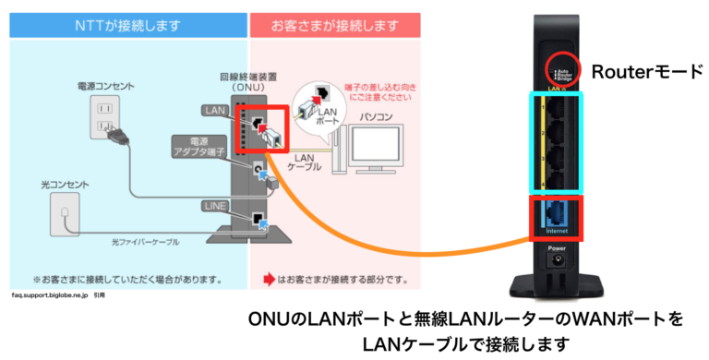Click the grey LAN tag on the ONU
click(215, 112)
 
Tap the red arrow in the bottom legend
click(270, 278)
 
